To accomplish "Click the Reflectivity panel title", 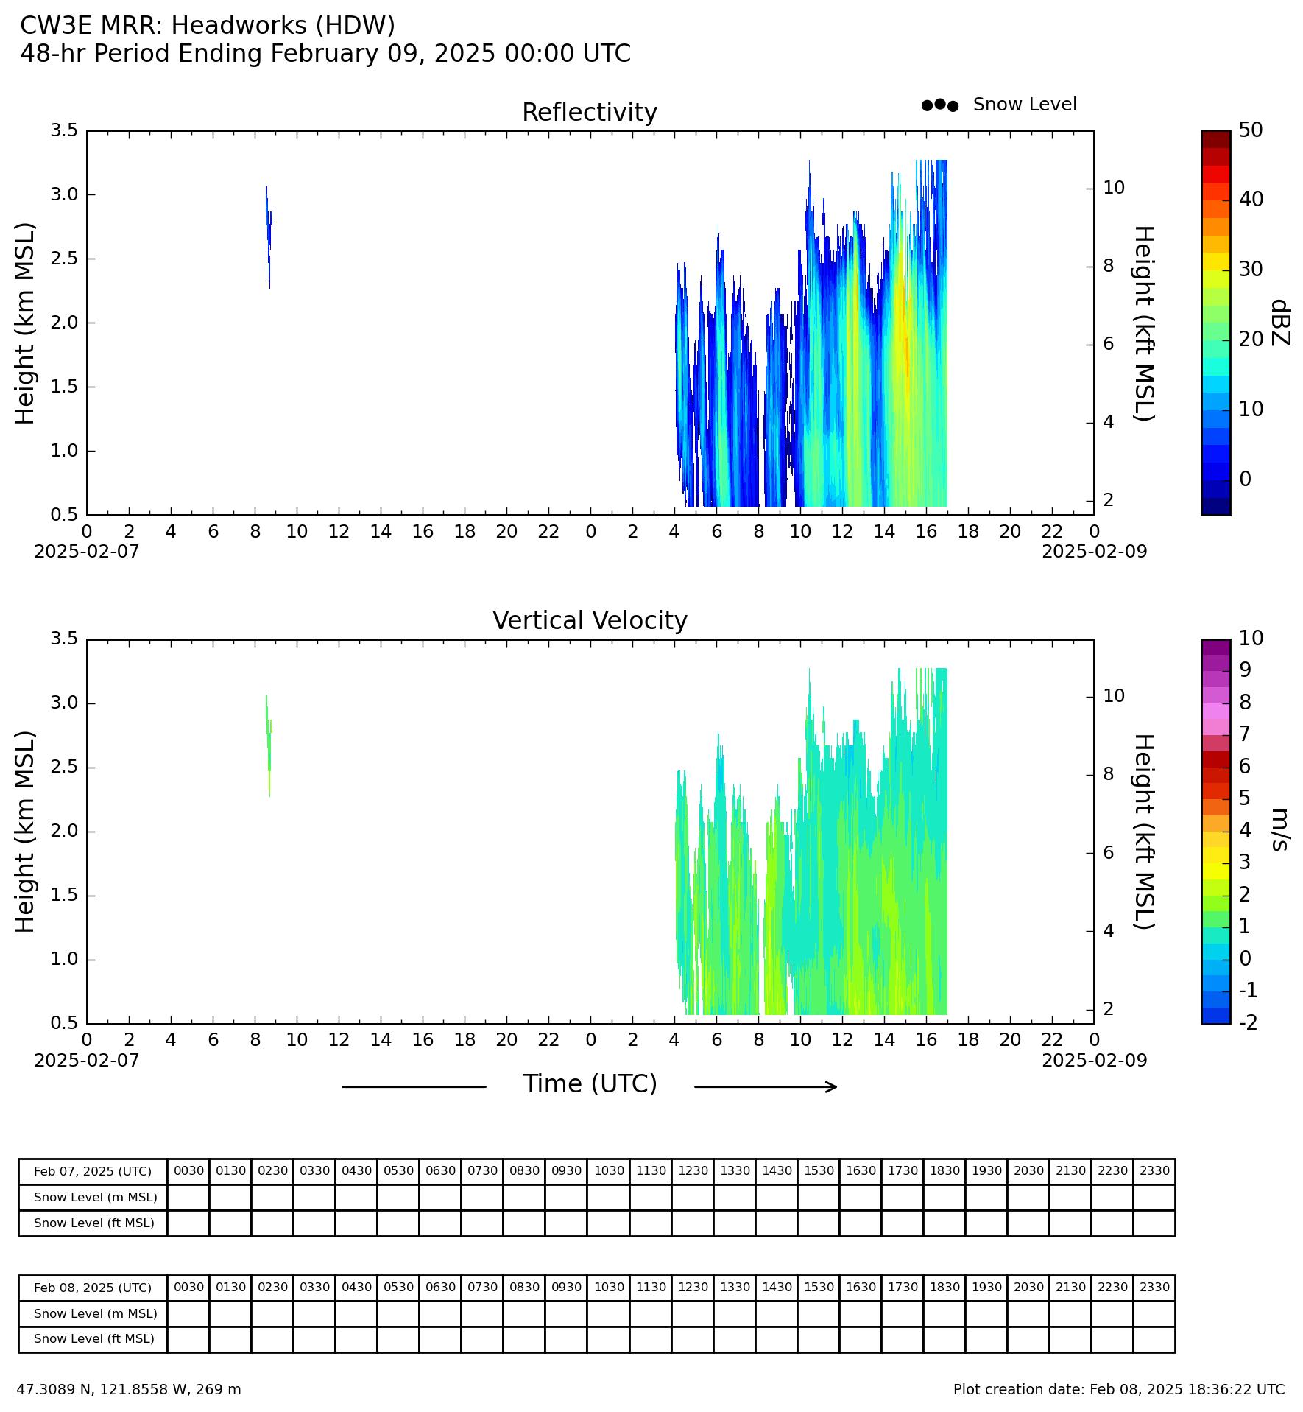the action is (590, 113).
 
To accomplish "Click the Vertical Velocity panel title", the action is (590, 621).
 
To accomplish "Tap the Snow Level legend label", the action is (1025, 105).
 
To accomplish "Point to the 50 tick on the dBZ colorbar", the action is (1251, 130).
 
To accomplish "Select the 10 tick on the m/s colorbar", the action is (1251, 638).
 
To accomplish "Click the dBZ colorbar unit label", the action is (1281, 322).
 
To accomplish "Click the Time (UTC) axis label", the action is (590, 1085).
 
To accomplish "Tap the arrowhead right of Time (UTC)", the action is (833, 1086).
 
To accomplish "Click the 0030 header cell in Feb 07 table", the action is (188, 1170).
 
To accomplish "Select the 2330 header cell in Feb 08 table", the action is (1154, 1287).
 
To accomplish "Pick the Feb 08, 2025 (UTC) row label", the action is (93, 1288).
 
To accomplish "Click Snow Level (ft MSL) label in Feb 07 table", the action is (94, 1223).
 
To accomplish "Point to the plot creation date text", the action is (1119, 1390).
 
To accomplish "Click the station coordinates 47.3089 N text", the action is (129, 1390).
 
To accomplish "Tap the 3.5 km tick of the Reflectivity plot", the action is (64, 130).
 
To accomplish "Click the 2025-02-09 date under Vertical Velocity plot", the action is (1094, 1060).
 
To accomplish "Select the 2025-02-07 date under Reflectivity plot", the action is (87, 551).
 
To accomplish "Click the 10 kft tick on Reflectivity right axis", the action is (1114, 187).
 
